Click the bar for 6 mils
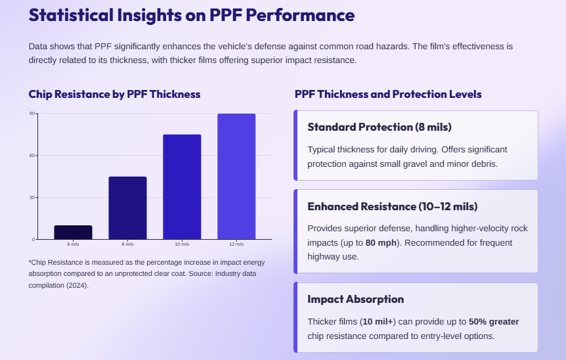[x=73, y=232]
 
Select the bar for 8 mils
[x=127, y=208]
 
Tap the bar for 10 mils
[x=182, y=187]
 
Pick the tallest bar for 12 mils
[x=236, y=176]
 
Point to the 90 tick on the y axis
[x=32, y=114]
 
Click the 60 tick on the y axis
[x=32, y=156]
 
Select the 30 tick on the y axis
[x=32, y=197]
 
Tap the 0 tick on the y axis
[x=33, y=239]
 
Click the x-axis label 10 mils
[x=182, y=244]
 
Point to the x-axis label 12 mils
[x=236, y=244]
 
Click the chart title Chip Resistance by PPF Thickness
[x=114, y=94]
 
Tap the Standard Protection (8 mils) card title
[x=380, y=127]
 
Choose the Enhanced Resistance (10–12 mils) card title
[x=393, y=206]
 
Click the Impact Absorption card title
[x=355, y=299]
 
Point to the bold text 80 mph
[x=380, y=242]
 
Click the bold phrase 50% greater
[x=494, y=322]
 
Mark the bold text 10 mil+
[x=377, y=322]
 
